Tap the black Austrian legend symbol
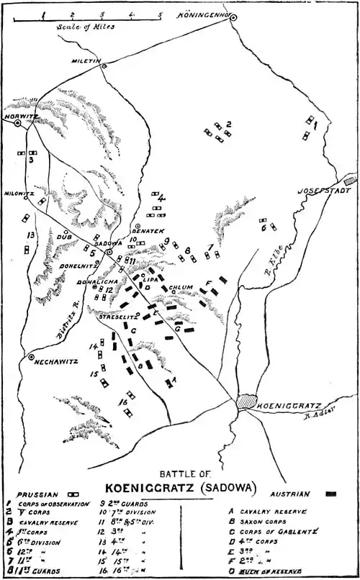pyautogui.click(x=331, y=495)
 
